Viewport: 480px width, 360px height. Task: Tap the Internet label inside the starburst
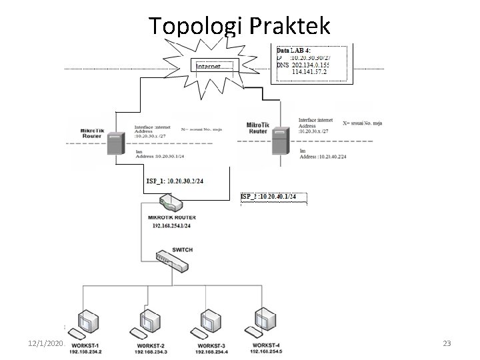[x=214, y=67]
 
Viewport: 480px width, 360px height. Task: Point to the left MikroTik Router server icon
[x=115, y=143]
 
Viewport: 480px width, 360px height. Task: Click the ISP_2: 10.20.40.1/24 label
[x=273, y=197]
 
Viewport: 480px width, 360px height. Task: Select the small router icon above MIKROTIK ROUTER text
[x=167, y=201]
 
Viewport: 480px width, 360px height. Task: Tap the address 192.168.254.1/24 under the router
[x=171, y=226]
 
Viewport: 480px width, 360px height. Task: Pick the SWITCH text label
[x=182, y=249]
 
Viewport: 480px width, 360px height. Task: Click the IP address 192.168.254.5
[x=267, y=351]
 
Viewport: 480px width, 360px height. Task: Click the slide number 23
[x=447, y=343]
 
